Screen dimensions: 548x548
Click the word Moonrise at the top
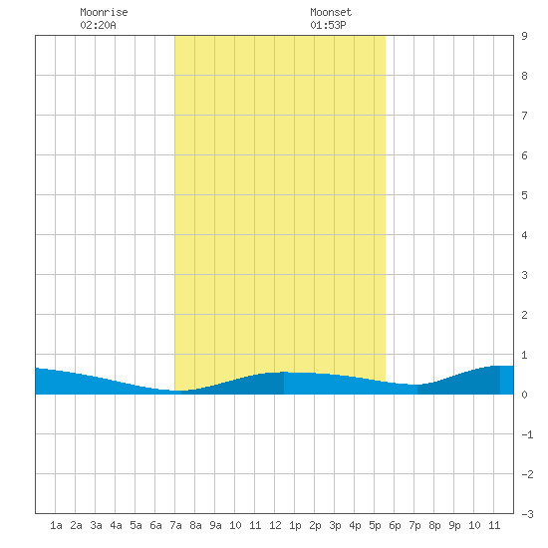tap(104, 12)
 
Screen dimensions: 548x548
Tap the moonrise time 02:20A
tap(98, 25)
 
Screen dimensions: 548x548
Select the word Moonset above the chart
tap(331, 12)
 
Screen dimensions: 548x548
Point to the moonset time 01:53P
tap(328, 25)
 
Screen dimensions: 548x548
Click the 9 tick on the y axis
tap(524, 36)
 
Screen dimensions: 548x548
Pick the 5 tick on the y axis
tap(524, 195)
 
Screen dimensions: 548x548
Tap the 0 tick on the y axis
tap(524, 395)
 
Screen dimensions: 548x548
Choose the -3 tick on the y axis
tap(527, 514)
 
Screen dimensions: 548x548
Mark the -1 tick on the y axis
tap(527, 434)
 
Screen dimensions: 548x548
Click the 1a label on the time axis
tap(56, 525)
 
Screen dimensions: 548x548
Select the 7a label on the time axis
tap(175, 525)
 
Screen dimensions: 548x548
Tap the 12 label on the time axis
tap(275, 525)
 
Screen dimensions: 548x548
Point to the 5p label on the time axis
tap(375, 525)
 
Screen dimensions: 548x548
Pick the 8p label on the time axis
tap(434, 525)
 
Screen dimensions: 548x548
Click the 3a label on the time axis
tap(96, 525)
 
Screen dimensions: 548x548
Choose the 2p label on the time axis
tap(315, 525)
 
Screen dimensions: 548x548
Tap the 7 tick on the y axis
tap(524, 116)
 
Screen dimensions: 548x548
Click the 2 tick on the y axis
tap(524, 315)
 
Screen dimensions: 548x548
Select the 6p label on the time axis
tap(395, 525)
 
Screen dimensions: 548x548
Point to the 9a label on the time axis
tap(215, 525)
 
